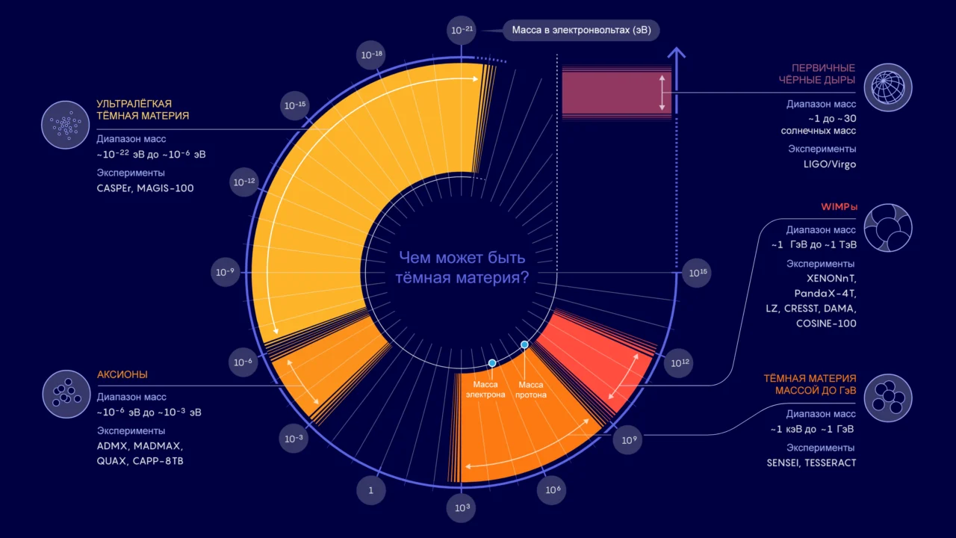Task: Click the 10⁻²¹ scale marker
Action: pyautogui.click(x=462, y=31)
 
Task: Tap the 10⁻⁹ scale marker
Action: pyautogui.click(x=225, y=272)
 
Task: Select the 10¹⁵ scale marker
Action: pyautogui.click(x=697, y=273)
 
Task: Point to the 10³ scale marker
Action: pyautogui.click(x=462, y=507)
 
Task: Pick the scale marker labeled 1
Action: pyautogui.click(x=371, y=490)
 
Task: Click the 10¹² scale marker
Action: pyautogui.click(x=679, y=363)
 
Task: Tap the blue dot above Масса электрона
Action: pyautogui.click(x=492, y=363)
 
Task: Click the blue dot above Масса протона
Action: pyautogui.click(x=524, y=344)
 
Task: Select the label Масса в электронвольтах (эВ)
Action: pyautogui.click(x=581, y=31)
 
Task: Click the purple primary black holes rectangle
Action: pyautogui.click(x=616, y=93)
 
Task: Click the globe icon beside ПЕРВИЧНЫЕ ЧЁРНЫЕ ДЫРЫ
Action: pyautogui.click(x=888, y=87)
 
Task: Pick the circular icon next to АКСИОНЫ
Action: pyautogui.click(x=66, y=394)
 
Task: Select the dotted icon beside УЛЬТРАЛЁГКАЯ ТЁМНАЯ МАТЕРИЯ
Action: pyautogui.click(x=65, y=125)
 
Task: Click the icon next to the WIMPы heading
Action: pyautogui.click(x=888, y=228)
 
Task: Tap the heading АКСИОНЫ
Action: pyautogui.click(x=122, y=374)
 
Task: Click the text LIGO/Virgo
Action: pyautogui.click(x=830, y=164)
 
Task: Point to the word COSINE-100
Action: pyautogui.click(x=826, y=324)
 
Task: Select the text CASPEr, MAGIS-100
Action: pyautogui.click(x=145, y=188)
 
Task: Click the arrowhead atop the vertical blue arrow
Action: pyautogui.click(x=677, y=52)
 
